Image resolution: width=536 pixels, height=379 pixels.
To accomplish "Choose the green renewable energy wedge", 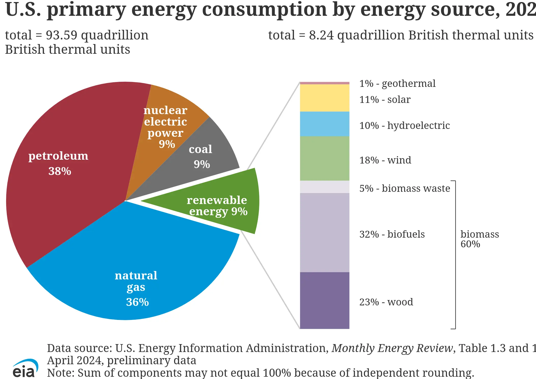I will [216, 204].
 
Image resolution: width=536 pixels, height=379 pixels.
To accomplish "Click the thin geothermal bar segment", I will [325, 83].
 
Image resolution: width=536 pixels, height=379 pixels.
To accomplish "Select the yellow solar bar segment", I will [325, 98].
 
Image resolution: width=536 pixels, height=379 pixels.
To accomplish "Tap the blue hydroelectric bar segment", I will [325, 124].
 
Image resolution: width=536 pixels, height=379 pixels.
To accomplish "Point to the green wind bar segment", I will [325, 158].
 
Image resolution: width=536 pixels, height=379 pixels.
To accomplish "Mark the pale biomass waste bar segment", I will [325, 187].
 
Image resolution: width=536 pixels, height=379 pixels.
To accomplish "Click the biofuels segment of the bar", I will [325, 233].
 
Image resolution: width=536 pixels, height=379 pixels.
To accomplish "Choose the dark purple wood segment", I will [325, 301].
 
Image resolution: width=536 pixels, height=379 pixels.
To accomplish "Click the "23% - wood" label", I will [386, 302].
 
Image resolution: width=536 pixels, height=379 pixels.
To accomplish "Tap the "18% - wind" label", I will [385, 160].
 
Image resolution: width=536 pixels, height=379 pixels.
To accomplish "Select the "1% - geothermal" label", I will [397, 84].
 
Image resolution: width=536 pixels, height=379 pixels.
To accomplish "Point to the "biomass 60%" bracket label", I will [479, 239].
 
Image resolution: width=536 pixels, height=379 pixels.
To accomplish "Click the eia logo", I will [25, 369].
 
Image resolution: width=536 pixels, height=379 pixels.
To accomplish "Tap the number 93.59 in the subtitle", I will [61, 35].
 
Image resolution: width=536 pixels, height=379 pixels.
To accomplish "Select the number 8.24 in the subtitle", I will [321, 35].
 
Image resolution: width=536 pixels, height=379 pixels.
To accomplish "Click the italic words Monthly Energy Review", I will [392, 348].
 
